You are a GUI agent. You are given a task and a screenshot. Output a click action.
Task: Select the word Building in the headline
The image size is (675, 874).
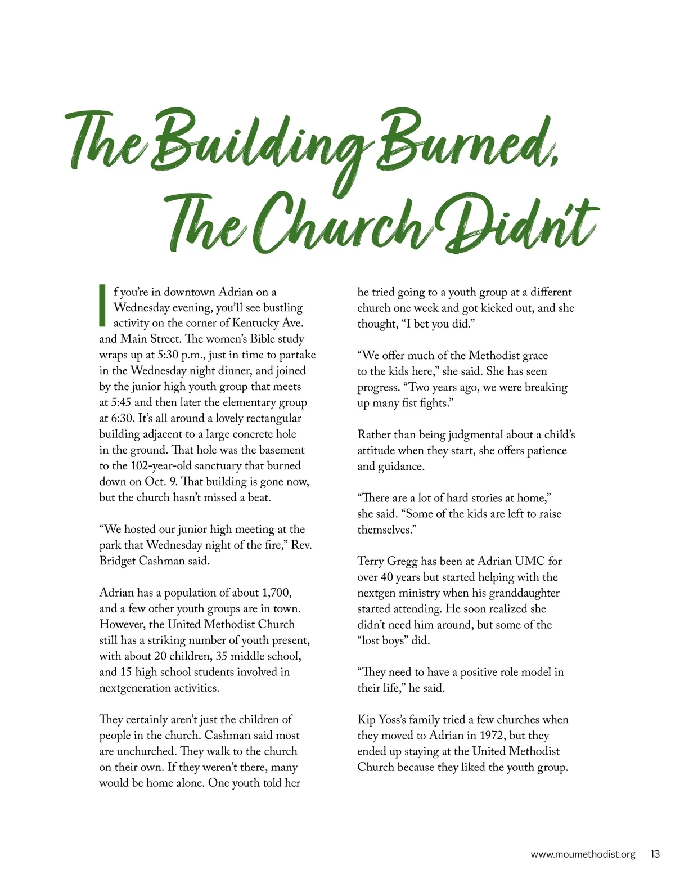[x=262, y=144]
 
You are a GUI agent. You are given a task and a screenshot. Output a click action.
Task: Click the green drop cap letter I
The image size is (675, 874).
[x=102, y=306]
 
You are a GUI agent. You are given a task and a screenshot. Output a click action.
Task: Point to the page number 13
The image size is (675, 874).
[x=655, y=854]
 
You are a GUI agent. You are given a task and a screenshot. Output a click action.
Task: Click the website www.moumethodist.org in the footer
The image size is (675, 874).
[x=583, y=854]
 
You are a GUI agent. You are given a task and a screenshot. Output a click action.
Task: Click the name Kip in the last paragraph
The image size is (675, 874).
[x=366, y=720]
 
